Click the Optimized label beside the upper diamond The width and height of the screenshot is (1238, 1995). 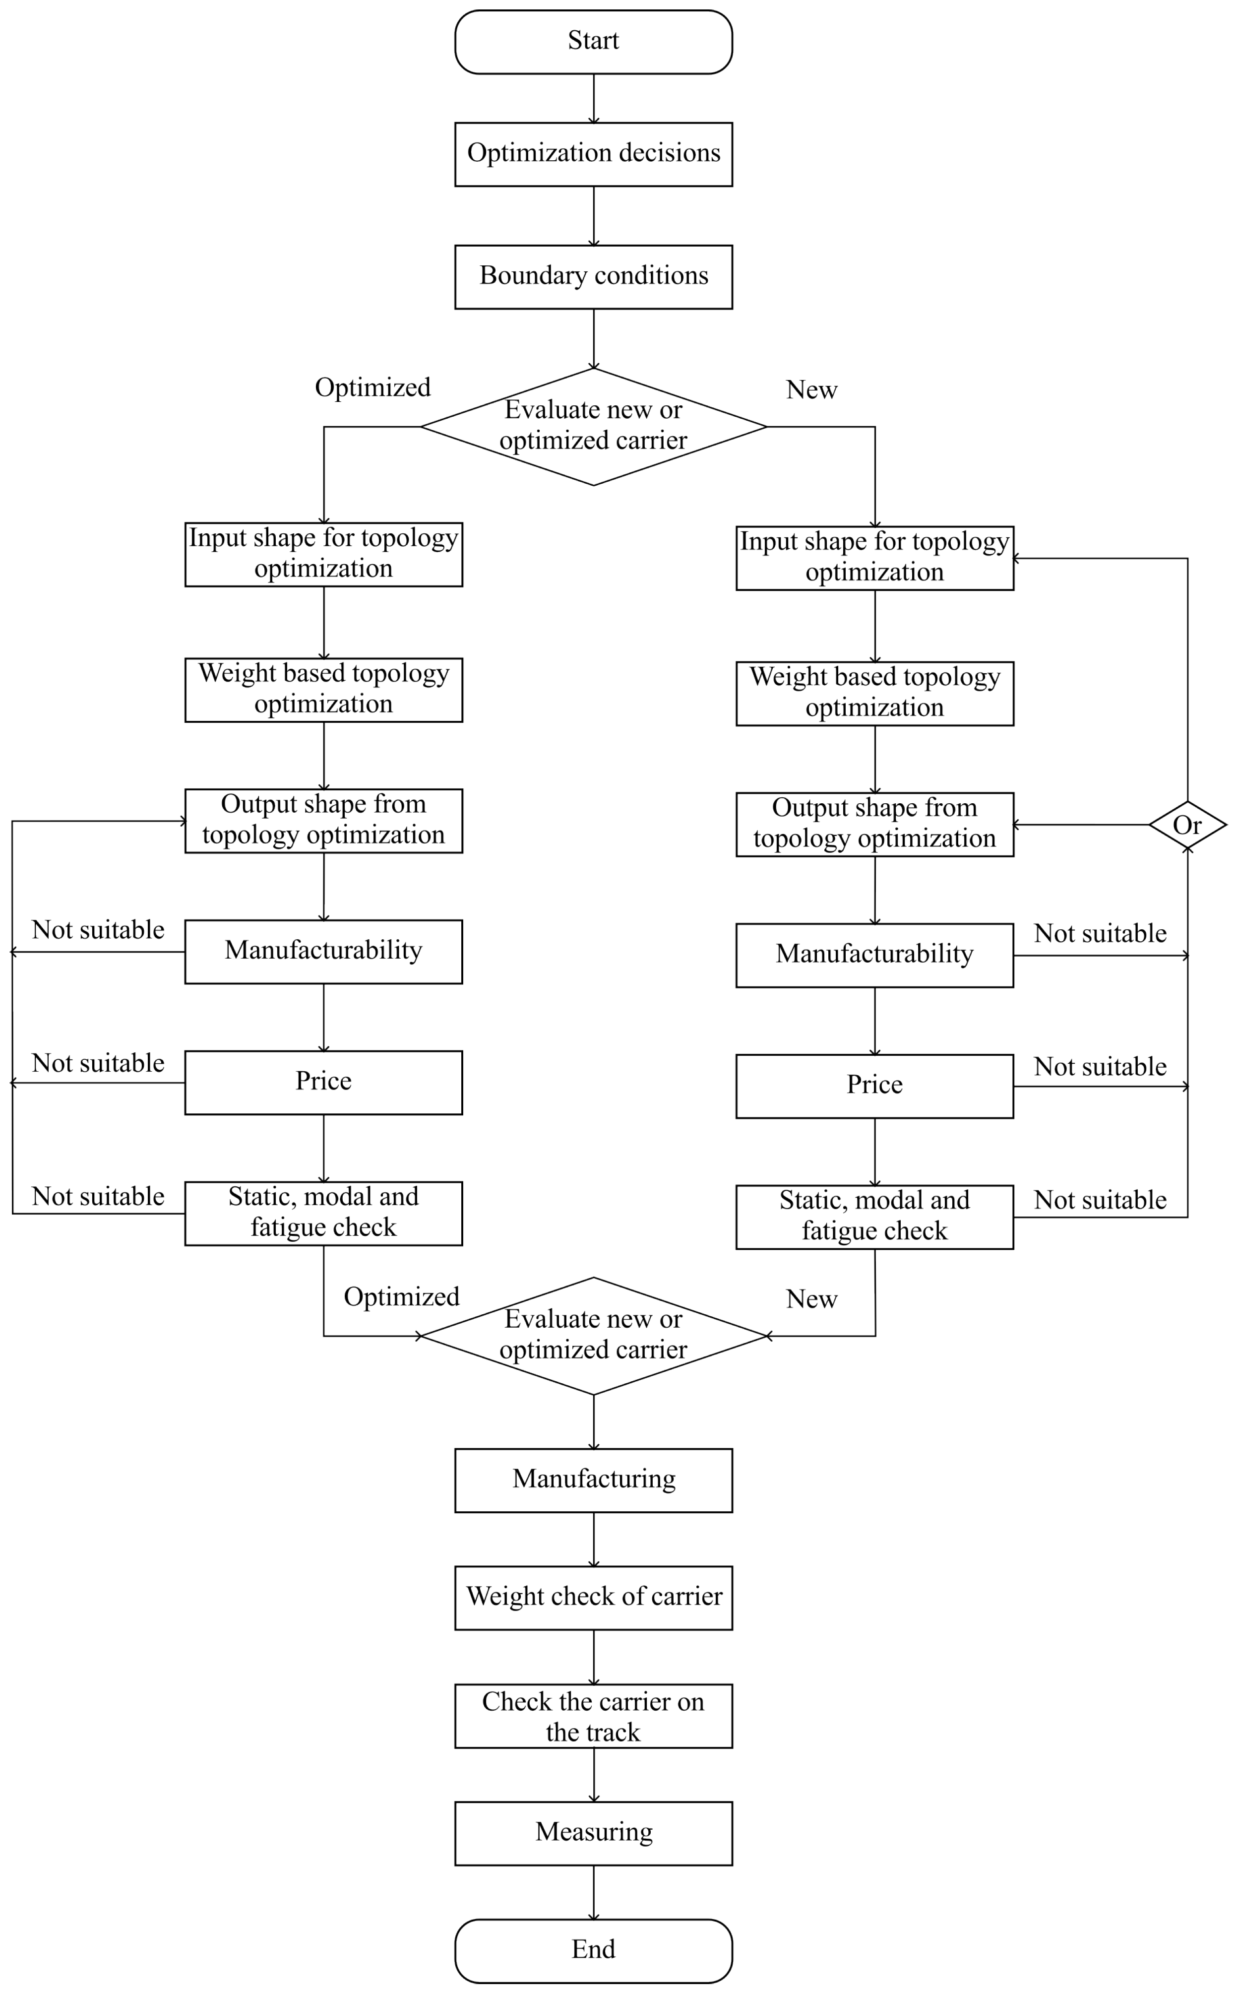[372, 387]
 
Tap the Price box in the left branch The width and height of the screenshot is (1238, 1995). [323, 1082]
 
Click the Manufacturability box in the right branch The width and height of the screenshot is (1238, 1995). [874, 955]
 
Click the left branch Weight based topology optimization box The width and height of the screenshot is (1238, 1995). [323, 690]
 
